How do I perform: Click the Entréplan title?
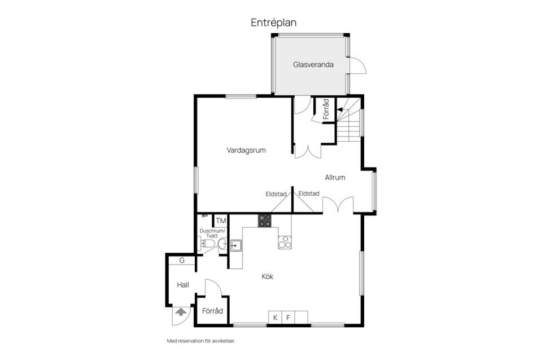pos(273,23)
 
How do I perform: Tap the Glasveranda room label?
pos(313,65)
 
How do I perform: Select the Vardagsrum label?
pos(246,151)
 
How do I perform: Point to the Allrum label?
pos(335,178)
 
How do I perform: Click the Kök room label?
pos(268,276)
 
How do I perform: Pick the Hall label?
pos(182,285)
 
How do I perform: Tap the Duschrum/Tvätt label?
pos(212,234)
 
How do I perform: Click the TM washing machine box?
pos(220,221)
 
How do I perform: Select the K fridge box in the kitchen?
pos(275,318)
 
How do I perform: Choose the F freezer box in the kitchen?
pos(288,318)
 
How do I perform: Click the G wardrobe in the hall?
pos(182,261)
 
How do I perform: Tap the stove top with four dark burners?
pos(265,221)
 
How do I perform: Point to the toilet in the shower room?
pos(207,244)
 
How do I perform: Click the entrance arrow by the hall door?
pos(181,311)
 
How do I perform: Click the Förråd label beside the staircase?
pos(326,109)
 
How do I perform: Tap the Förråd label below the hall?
pos(212,311)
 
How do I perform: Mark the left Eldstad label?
pos(276,194)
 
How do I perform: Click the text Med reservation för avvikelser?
pos(200,341)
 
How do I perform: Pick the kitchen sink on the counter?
pos(236,245)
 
